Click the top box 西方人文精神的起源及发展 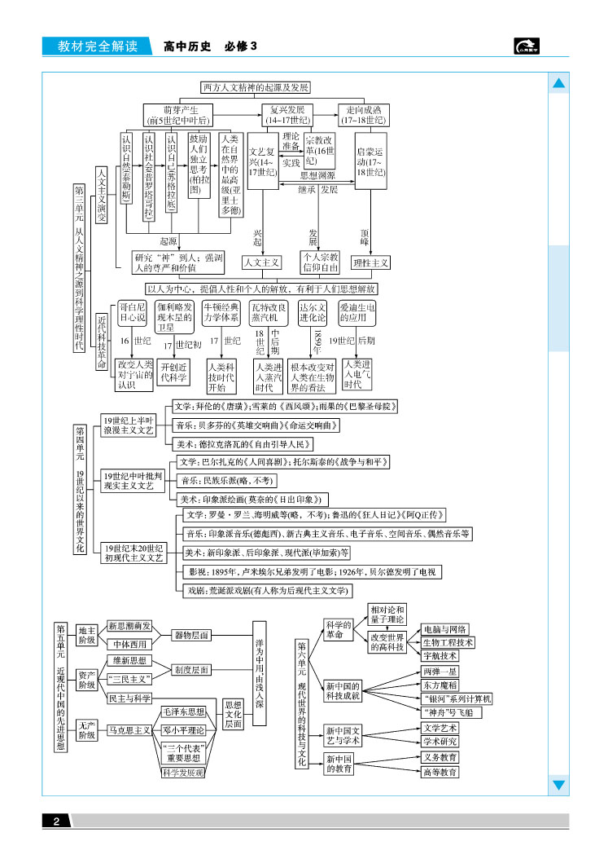(x=255, y=87)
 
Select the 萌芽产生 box (x=178, y=114)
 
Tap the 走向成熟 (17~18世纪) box (x=364, y=114)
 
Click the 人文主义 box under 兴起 (x=261, y=263)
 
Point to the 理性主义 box (x=370, y=263)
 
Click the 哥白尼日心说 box (x=133, y=313)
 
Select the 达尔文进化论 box (x=313, y=313)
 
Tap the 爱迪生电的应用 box (x=358, y=313)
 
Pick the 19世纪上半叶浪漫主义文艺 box (x=128, y=425)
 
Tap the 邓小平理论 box (x=182, y=730)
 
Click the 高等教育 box (x=440, y=772)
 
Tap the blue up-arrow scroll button (x=559, y=84)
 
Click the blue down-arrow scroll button (x=559, y=785)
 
